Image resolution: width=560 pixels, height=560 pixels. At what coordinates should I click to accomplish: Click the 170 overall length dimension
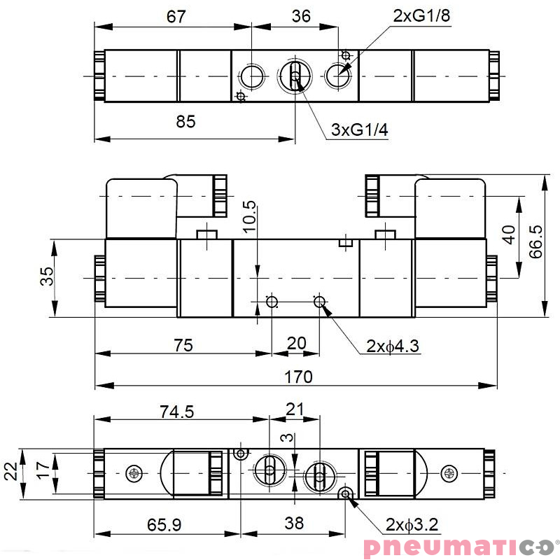coord(298,377)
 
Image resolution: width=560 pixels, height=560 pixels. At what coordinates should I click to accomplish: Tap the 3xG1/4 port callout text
coord(359,130)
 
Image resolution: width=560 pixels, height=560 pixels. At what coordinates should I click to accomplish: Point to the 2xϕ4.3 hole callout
coord(393,346)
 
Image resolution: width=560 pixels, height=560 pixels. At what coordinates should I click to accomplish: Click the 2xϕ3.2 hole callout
coord(412,524)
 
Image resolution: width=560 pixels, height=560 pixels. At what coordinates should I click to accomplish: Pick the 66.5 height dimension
coord(536,242)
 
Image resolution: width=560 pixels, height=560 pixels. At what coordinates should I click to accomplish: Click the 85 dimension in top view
coord(185,122)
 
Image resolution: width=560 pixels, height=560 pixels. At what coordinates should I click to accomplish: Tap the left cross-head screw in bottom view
coord(134,474)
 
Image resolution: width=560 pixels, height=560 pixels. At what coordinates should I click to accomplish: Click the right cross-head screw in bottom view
coord(448,474)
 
